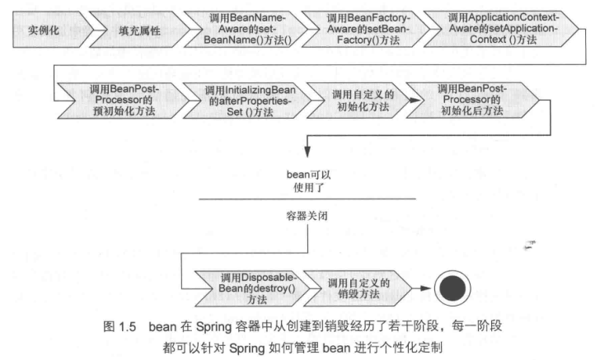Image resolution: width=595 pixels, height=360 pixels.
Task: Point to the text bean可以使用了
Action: tap(308, 181)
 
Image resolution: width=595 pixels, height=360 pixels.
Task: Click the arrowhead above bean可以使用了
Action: tap(307, 154)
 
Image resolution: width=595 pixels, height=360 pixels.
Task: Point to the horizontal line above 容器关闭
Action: tap(308, 199)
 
